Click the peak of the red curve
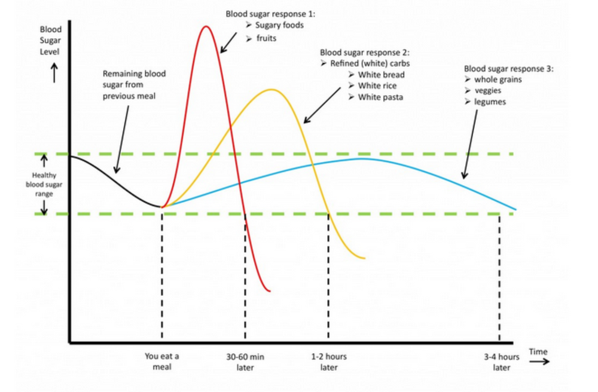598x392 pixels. point(206,27)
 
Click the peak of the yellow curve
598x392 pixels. point(272,90)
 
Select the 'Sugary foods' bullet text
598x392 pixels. point(279,25)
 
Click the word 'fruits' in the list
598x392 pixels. point(266,38)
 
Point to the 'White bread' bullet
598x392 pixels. point(381,75)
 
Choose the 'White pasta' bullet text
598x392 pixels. point(380,97)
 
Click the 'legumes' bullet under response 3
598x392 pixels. point(490,102)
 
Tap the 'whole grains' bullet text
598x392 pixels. point(496,79)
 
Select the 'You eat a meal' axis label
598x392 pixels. point(162,361)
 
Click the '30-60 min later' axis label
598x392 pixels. point(245,362)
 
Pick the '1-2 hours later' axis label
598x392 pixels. point(328,362)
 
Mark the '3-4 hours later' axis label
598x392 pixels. point(502,362)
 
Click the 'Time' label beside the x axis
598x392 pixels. point(538,351)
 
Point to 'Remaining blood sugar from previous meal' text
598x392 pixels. point(134,85)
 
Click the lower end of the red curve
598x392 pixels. point(270,291)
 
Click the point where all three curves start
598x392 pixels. point(162,207)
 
